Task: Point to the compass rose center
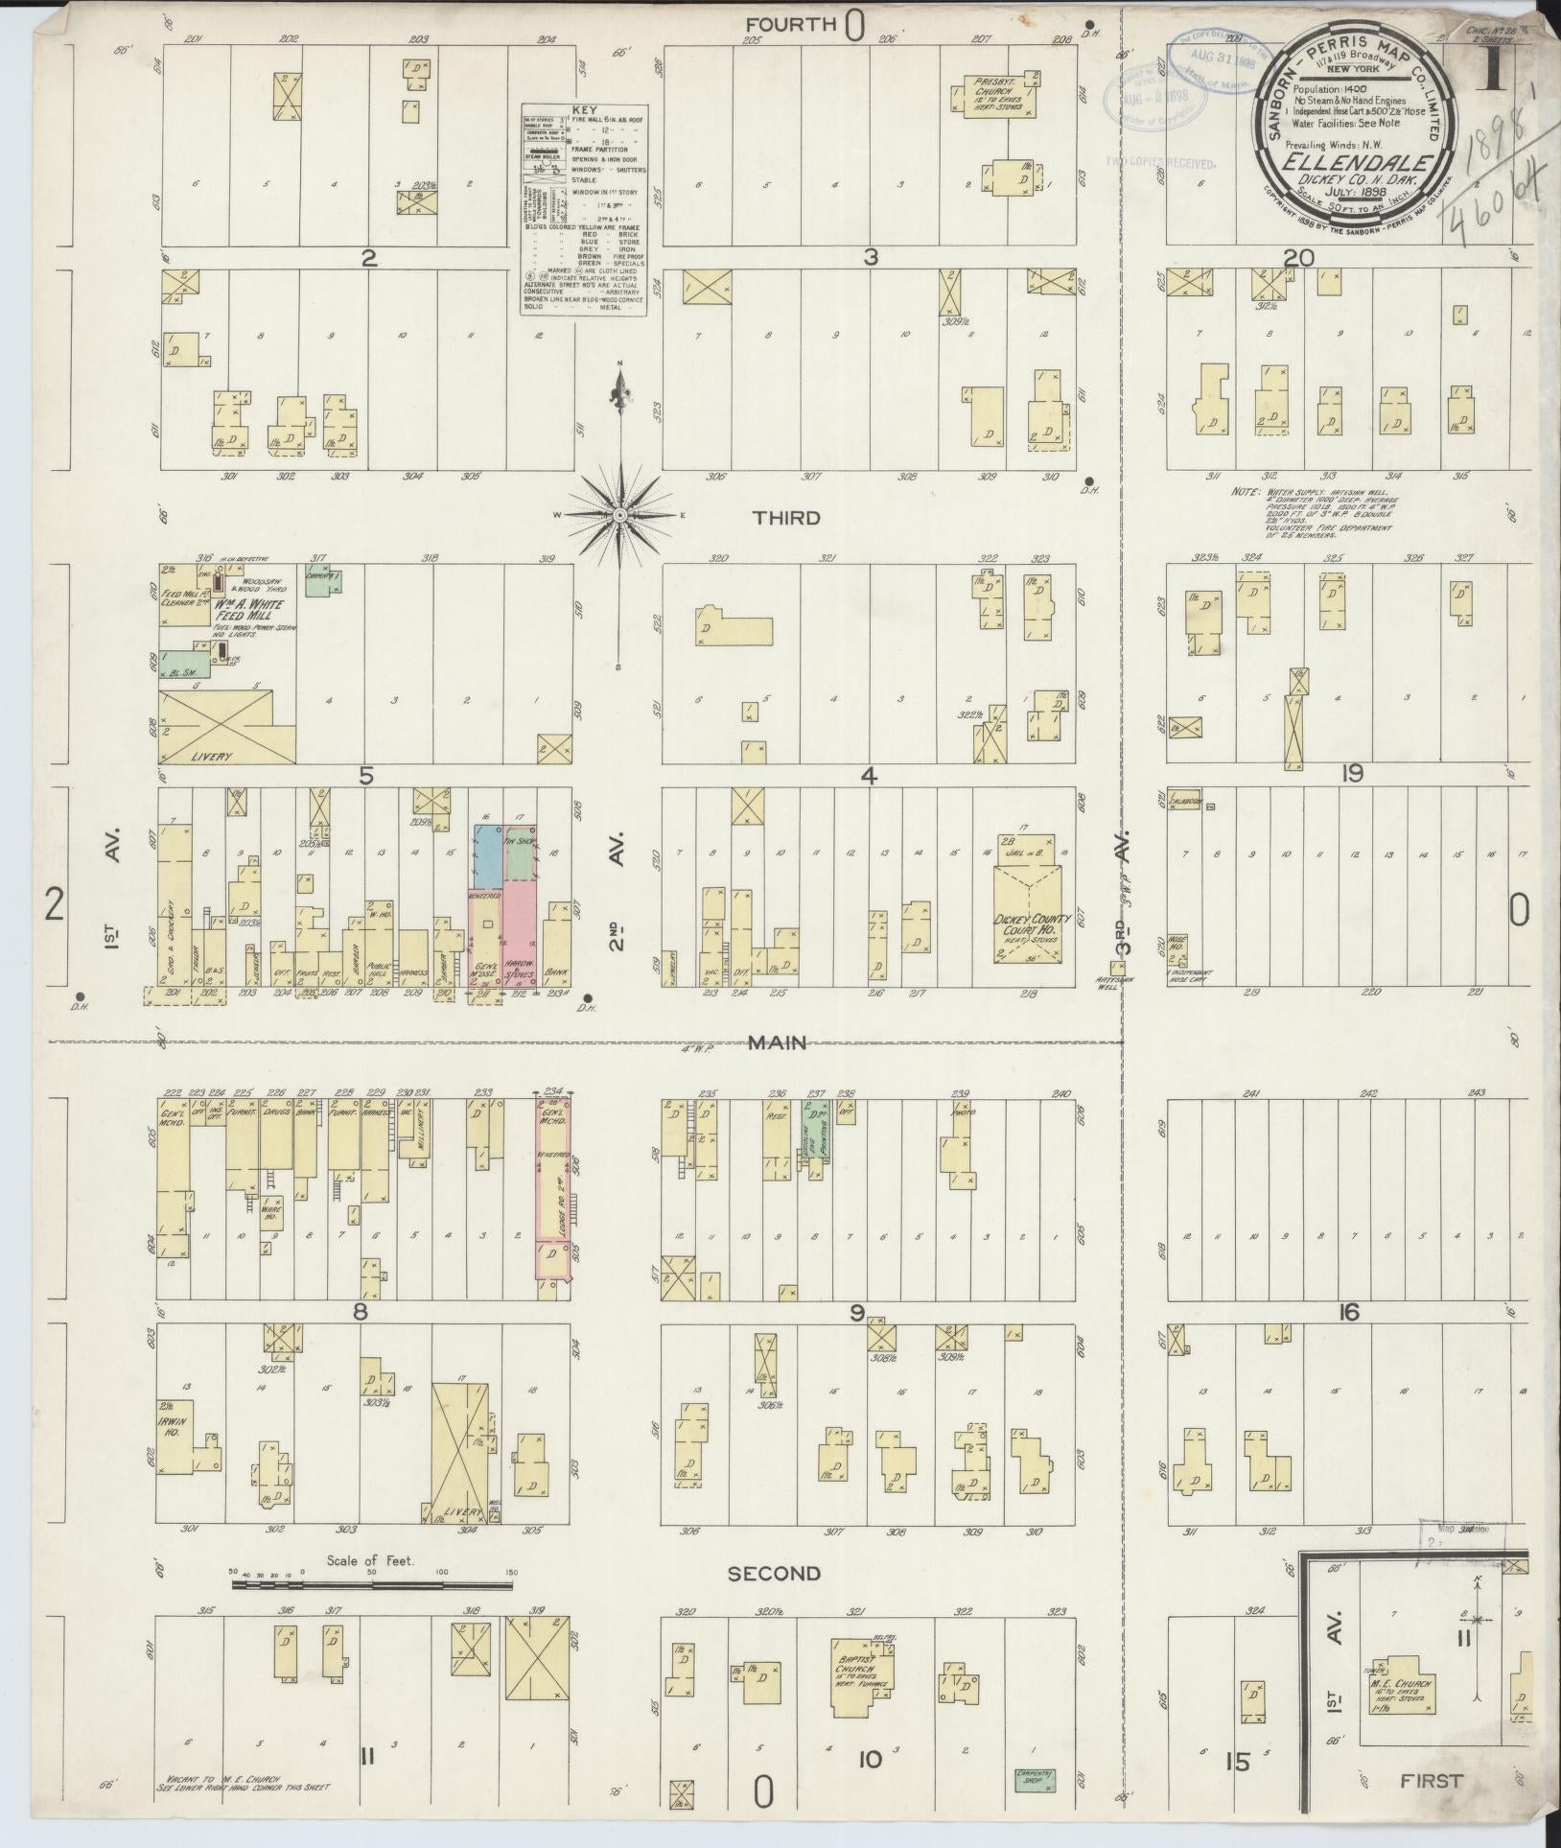(620, 516)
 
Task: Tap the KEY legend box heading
(583, 110)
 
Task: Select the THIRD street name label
(786, 518)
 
